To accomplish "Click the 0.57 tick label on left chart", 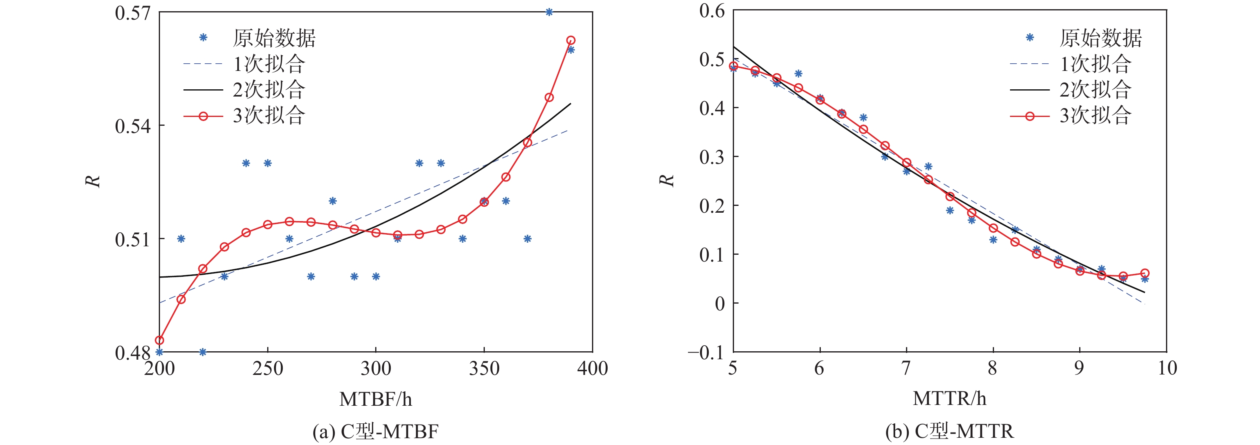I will [132, 13].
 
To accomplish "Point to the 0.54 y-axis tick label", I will [132, 126].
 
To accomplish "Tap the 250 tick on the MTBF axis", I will [268, 368].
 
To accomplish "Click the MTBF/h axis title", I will [376, 399].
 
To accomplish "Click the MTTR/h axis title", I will [950, 399].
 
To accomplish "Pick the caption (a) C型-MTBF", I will [376, 431].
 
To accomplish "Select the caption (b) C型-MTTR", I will [950, 431].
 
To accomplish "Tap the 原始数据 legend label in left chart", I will [274, 38].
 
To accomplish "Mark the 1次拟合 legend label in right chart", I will [1095, 64].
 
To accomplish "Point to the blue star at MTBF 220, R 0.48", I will [202, 352].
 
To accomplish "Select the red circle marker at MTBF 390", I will [570, 40].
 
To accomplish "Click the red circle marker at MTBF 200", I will [160, 340].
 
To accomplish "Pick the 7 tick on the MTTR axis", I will [906, 368].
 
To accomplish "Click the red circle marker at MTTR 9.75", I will [1144, 274].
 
